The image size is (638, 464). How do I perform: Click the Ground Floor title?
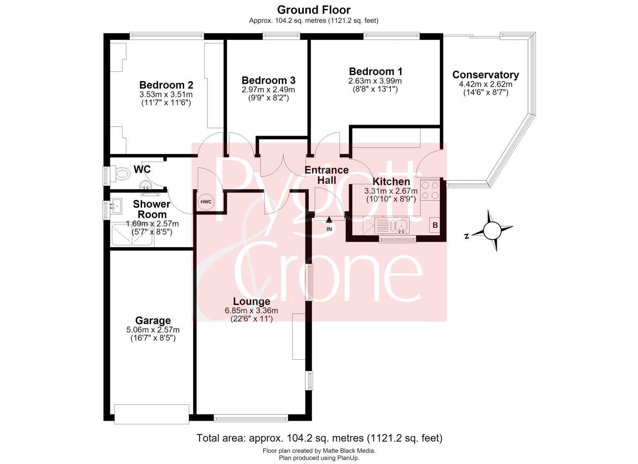pyautogui.click(x=313, y=10)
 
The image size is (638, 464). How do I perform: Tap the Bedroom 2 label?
pyautogui.click(x=166, y=85)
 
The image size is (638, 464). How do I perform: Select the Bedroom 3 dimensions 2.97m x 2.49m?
pyautogui.click(x=268, y=90)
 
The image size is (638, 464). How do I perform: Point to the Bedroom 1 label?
pyautogui.click(x=376, y=71)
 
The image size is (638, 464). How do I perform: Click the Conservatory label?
pyautogui.click(x=486, y=74)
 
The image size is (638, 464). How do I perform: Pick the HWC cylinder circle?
pyautogui.click(x=206, y=202)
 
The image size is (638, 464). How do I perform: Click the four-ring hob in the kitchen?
pyautogui.click(x=430, y=190)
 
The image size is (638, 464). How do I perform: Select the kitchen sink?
pyautogui.click(x=400, y=225)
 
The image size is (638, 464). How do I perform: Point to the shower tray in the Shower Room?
pyautogui.click(x=132, y=235)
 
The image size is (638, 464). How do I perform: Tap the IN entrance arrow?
pyautogui.click(x=329, y=219)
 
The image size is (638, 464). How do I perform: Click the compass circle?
pyautogui.click(x=492, y=231)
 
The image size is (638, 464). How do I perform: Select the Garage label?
pyautogui.click(x=153, y=320)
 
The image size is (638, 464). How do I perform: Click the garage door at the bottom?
pyautogui.click(x=151, y=414)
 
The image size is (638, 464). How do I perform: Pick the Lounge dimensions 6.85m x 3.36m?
pyautogui.click(x=251, y=310)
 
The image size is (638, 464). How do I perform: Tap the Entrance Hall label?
pyautogui.click(x=327, y=175)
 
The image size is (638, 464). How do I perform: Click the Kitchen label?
pyautogui.click(x=391, y=182)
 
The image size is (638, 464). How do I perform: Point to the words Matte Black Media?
pyautogui.click(x=349, y=451)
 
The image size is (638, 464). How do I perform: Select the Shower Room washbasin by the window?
pyautogui.click(x=116, y=206)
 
